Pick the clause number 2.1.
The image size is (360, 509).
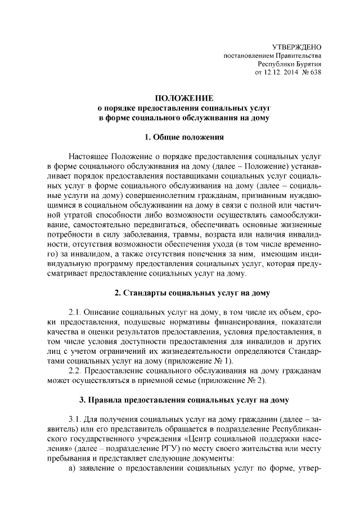76,312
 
